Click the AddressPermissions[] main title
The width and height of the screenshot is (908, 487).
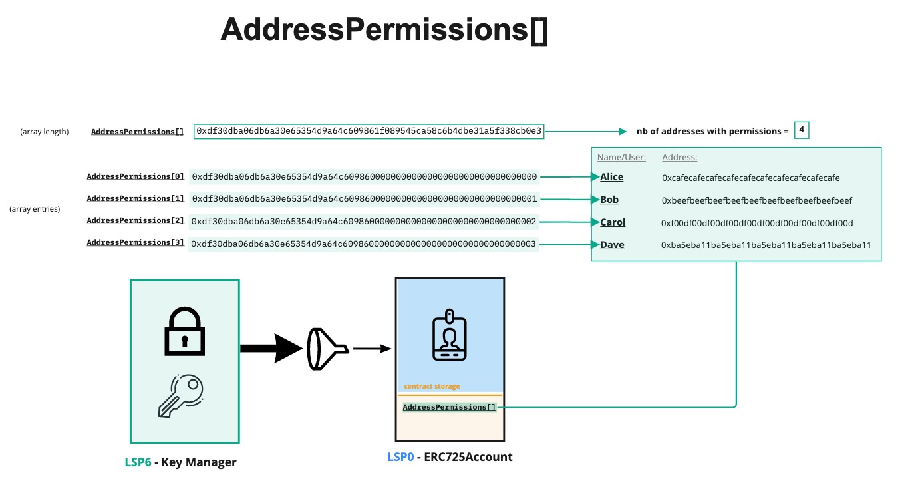[384, 31]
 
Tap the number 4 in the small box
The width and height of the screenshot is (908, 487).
[802, 130]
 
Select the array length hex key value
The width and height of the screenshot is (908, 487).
[369, 132]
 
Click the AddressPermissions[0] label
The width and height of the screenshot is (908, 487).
[136, 177]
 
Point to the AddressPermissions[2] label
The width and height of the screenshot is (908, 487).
[136, 221]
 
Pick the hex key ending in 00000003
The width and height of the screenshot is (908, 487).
[363, 244]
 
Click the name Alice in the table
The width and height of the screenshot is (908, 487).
[612, 177]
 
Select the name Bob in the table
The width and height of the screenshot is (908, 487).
[609, 200]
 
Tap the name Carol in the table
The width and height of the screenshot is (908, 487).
[613, 222]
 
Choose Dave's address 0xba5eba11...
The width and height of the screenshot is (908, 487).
[766, 245]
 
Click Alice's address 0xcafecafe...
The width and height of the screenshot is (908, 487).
[750, 178]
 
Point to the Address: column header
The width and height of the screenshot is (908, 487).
[679, 158]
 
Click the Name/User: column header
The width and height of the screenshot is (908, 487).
[621, 158]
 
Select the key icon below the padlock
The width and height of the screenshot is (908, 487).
[181, 395]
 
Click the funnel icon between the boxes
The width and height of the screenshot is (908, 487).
[325, 349]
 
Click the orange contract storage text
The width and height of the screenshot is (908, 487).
[432, 387]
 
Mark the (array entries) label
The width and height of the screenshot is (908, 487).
[35, 209]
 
